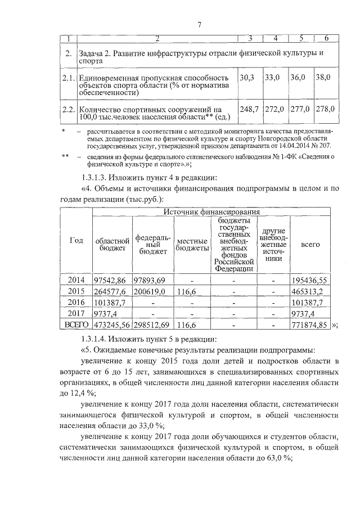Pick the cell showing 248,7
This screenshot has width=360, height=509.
(249, 109)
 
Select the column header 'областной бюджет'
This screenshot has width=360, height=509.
(111, 245)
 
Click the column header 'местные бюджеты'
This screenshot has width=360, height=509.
(191, 245)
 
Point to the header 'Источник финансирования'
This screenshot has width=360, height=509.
(211, 212)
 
